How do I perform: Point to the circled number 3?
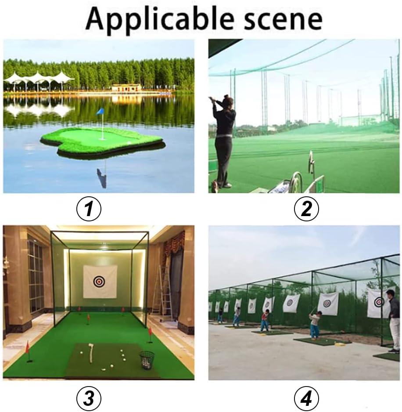(89, 398)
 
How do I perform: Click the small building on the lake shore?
(126, 88)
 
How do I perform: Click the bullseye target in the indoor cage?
(100, 281)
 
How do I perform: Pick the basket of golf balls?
(147, 359)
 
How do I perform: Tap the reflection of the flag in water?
(102, 176)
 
